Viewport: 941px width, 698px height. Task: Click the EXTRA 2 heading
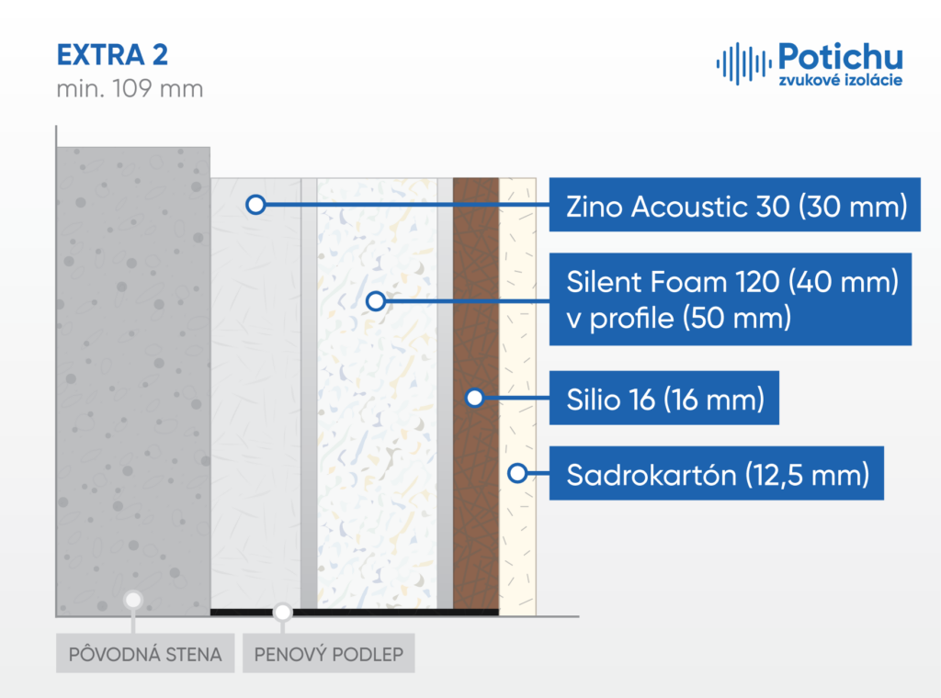tap(112, 55)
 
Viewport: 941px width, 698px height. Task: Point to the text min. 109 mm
tap(130, 89)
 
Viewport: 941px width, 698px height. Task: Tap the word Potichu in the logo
tap(840, 57)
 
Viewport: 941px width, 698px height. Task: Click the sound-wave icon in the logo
tap(743, 63)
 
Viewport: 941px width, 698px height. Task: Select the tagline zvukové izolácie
tap(840, 80)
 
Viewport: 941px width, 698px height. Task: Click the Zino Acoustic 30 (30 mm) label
tap(734, 205)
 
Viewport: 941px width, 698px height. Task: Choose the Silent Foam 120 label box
tap(731, 299)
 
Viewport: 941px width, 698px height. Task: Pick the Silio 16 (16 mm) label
tap(663, 399)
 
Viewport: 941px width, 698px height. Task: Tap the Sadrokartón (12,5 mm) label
tap(717, 474)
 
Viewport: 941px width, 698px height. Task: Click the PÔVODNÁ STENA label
tap(145, 654)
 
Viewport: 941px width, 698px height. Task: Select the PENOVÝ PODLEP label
tap(328, 654)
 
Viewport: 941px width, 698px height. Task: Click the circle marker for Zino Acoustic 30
tap(255, 205)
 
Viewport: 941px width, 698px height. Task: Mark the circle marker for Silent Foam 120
tap(376, 300)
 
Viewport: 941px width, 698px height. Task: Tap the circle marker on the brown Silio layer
tap(475, 398)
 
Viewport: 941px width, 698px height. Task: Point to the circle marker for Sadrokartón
tap(517, 473)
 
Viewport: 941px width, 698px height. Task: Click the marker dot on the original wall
tap(133, 600)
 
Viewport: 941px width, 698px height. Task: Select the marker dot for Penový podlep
tap(283, 613)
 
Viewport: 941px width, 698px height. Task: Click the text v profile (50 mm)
tap(679, 319)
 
